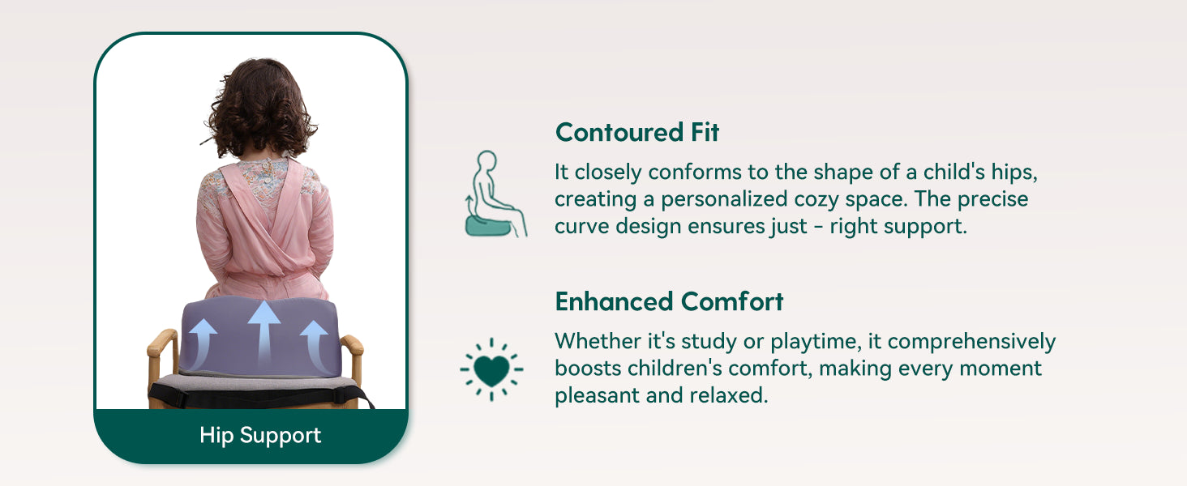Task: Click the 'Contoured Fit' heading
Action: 637,132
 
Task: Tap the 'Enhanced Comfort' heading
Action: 669,302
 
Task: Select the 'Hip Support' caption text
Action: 260,436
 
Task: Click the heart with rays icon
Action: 491,369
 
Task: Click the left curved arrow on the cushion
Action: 201,343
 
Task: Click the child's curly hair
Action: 260,108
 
